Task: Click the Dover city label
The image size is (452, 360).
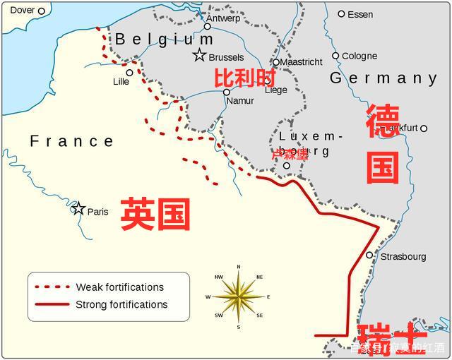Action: click(x=22, y=10)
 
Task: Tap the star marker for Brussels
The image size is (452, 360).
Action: click(x=200, y=55)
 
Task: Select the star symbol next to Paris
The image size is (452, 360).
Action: click(x=79, y=208)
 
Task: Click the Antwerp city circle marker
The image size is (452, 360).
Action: click(x=207, y=27)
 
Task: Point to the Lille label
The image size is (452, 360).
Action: click(x=121, y=81)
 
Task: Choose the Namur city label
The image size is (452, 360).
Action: click(x=240, y=101)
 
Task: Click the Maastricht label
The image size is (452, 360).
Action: click(x=302, y=62)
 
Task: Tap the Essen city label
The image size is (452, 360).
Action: click(x=360, y=14)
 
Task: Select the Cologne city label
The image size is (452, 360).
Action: click(x=359, y=56)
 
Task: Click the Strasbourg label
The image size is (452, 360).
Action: click(x=403, y=256)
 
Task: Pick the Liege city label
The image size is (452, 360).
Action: click(x=275, y=90)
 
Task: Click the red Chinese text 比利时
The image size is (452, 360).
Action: click(x=243, y=77)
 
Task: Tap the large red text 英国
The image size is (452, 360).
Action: click(x=155, y=214)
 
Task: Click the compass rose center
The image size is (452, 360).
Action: click(x=239, y=296)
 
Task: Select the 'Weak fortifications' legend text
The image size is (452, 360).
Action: click(x=119, y=287)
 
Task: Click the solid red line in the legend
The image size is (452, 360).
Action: click(x=52, y=304)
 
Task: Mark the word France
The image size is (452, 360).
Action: click(x=71, y=141)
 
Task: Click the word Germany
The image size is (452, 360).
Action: click(x=383, y=78)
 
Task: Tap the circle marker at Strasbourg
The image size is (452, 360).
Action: click(x=369, y=255)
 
